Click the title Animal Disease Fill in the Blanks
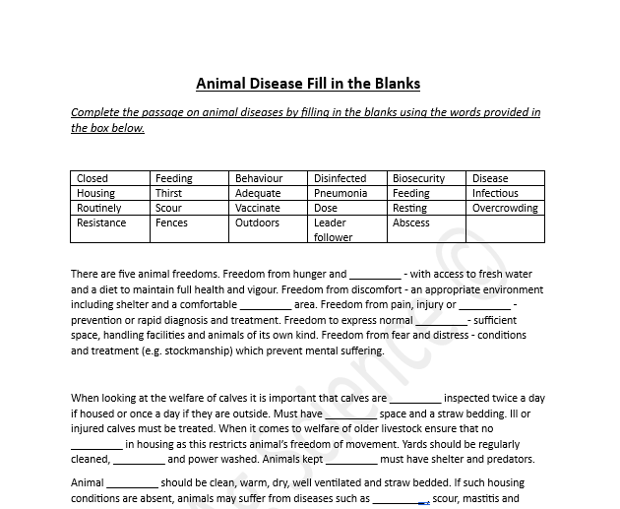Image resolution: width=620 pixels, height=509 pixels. click(308, 84)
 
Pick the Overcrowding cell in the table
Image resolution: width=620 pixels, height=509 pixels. click(505, 208)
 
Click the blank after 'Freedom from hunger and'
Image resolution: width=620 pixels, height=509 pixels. click(375, 275)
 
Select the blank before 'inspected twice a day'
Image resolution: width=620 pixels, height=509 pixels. click(415, 399)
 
